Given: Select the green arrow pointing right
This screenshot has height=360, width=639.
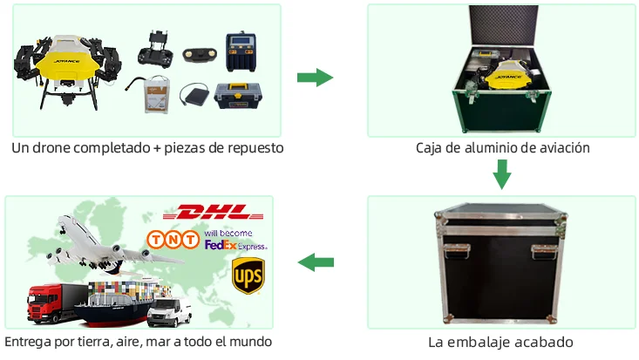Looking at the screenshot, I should coord(315,78).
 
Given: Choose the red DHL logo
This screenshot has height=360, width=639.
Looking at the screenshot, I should coord(213,212).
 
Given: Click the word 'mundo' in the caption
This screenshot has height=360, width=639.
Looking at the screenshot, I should coord(251,341).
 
